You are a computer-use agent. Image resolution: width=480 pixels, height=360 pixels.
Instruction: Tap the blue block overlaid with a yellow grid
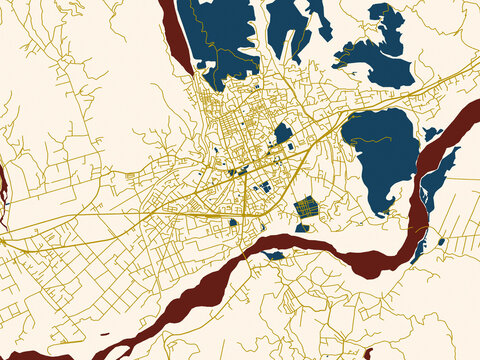[306, 207]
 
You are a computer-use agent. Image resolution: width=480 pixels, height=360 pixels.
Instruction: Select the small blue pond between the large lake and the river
[431, 133]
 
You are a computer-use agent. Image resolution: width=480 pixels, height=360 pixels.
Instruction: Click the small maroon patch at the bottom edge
[368, 354]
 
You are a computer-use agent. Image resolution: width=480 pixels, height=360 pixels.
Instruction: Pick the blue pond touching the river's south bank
[273, 255]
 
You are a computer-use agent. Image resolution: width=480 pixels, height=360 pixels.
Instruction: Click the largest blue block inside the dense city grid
[283, 133]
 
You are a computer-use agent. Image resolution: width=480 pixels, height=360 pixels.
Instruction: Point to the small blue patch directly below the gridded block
[302, 228]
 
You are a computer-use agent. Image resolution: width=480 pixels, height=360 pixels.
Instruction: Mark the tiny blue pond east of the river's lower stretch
[441, 241]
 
